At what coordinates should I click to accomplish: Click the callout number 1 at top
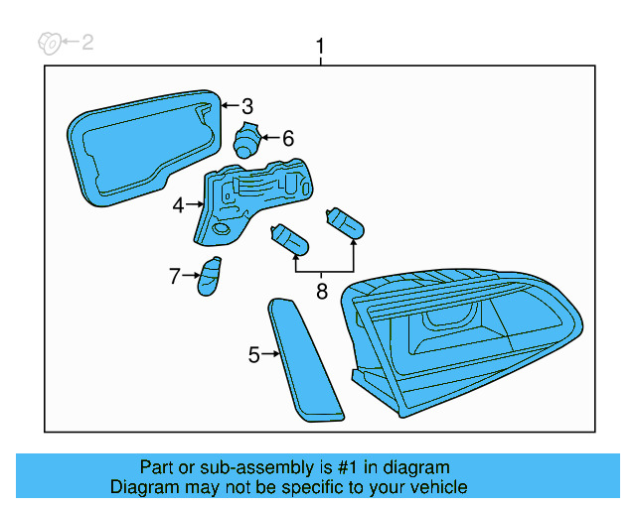point(320,47)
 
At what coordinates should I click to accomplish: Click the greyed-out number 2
point(87,42)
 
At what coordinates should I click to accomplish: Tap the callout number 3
point(247,106)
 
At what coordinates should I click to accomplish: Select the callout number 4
point(179,205)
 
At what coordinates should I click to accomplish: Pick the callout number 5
point(254,354)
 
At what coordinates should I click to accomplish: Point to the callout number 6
point(288,139)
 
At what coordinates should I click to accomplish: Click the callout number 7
point(175,276)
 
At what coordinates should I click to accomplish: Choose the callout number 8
point(321,292)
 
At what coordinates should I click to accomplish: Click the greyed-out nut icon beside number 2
point(46,42)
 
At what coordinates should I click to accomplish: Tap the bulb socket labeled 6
point(245,141)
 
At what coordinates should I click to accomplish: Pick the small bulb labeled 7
point(210,276)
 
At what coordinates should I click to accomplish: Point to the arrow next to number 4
point(194,205)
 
